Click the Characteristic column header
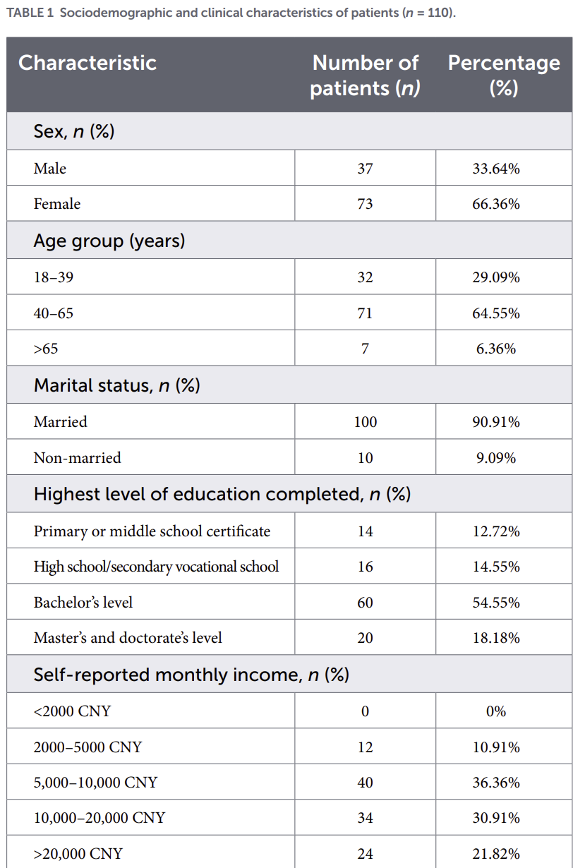(x=88, y=63)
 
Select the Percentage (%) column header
(x=504, y=76)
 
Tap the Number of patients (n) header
(x=365, y=76)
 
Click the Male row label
(x=49, y=169)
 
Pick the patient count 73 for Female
(x=365, y=204)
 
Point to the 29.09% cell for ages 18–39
(x=496, y=277)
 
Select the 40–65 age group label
(x=53, y=313)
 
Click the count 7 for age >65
(x=365, y=349)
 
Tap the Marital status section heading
(x=116, y=385)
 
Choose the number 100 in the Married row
(x=366, y=421)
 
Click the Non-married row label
(x=77, y=457)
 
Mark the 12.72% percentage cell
(x=496, y=531)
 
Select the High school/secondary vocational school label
(x=156, y=567)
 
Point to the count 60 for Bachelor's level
(x=365, y=603)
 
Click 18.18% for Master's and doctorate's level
(x=496, y=638)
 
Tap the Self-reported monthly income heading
(x=191, y=675)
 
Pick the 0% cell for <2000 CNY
(x=496, y=711)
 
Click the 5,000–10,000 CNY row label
(x=95, y=783)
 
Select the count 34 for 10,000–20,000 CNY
(x=365, y=818)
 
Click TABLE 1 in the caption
(x=30, y=13)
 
